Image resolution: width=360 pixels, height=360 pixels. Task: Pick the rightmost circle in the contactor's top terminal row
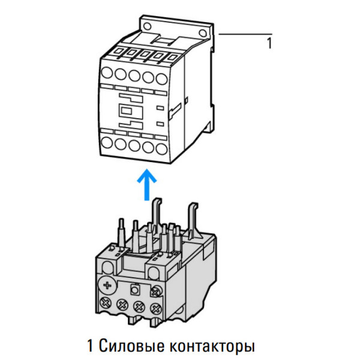click(x=160, y=75)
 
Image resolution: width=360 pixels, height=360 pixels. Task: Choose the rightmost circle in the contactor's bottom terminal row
click(x=161, y=146)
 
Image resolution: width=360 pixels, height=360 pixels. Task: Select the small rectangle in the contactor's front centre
click(x=127, y=111)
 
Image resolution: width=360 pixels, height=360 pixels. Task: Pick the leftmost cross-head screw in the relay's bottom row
click(x=108, y=304)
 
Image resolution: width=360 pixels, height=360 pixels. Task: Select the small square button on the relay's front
click(x=137, y=287)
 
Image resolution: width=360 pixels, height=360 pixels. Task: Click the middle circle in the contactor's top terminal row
click(x=134, y=75)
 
